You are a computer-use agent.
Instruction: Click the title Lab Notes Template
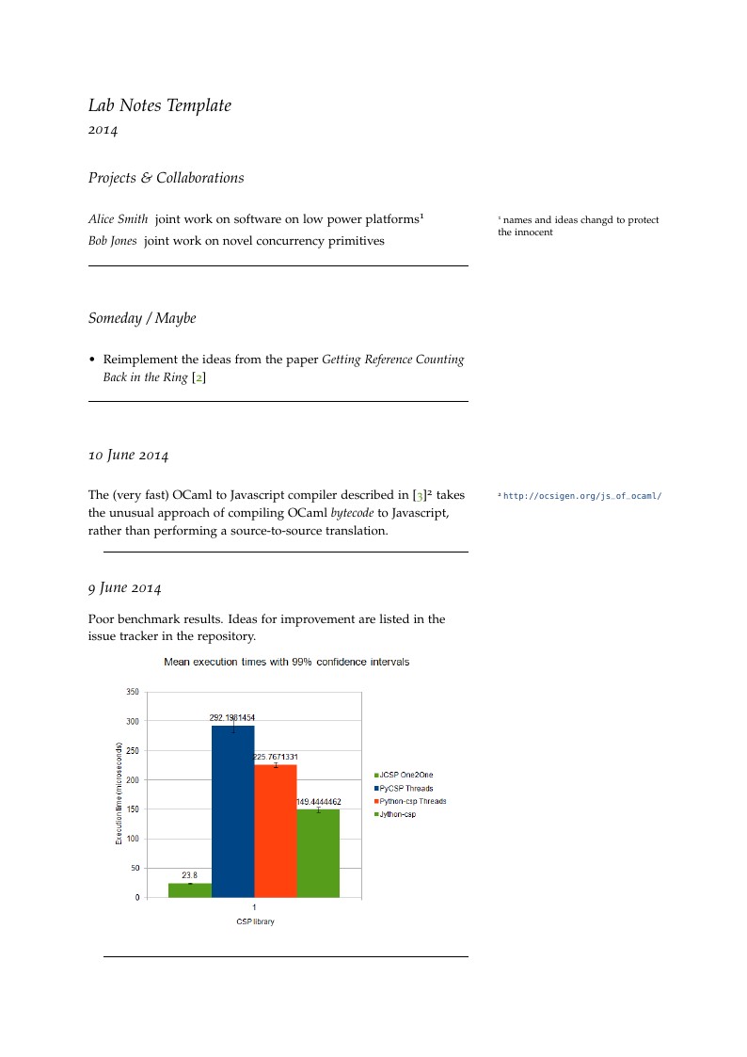159,105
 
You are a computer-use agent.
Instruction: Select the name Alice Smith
118,219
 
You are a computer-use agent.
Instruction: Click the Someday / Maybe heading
142,318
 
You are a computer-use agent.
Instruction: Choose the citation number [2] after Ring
199,377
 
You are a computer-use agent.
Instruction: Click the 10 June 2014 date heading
128,456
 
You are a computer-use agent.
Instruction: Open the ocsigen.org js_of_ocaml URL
582,496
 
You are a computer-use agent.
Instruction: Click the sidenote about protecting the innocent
578,226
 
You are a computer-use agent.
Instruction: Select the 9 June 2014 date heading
124,588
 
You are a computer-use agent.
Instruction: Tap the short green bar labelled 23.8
189,890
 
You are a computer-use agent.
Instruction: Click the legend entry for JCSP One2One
405,775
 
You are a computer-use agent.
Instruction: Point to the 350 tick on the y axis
132,692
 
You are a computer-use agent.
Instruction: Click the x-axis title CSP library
255,921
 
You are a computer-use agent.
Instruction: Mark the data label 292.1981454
231,717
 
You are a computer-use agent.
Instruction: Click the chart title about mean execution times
286,662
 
